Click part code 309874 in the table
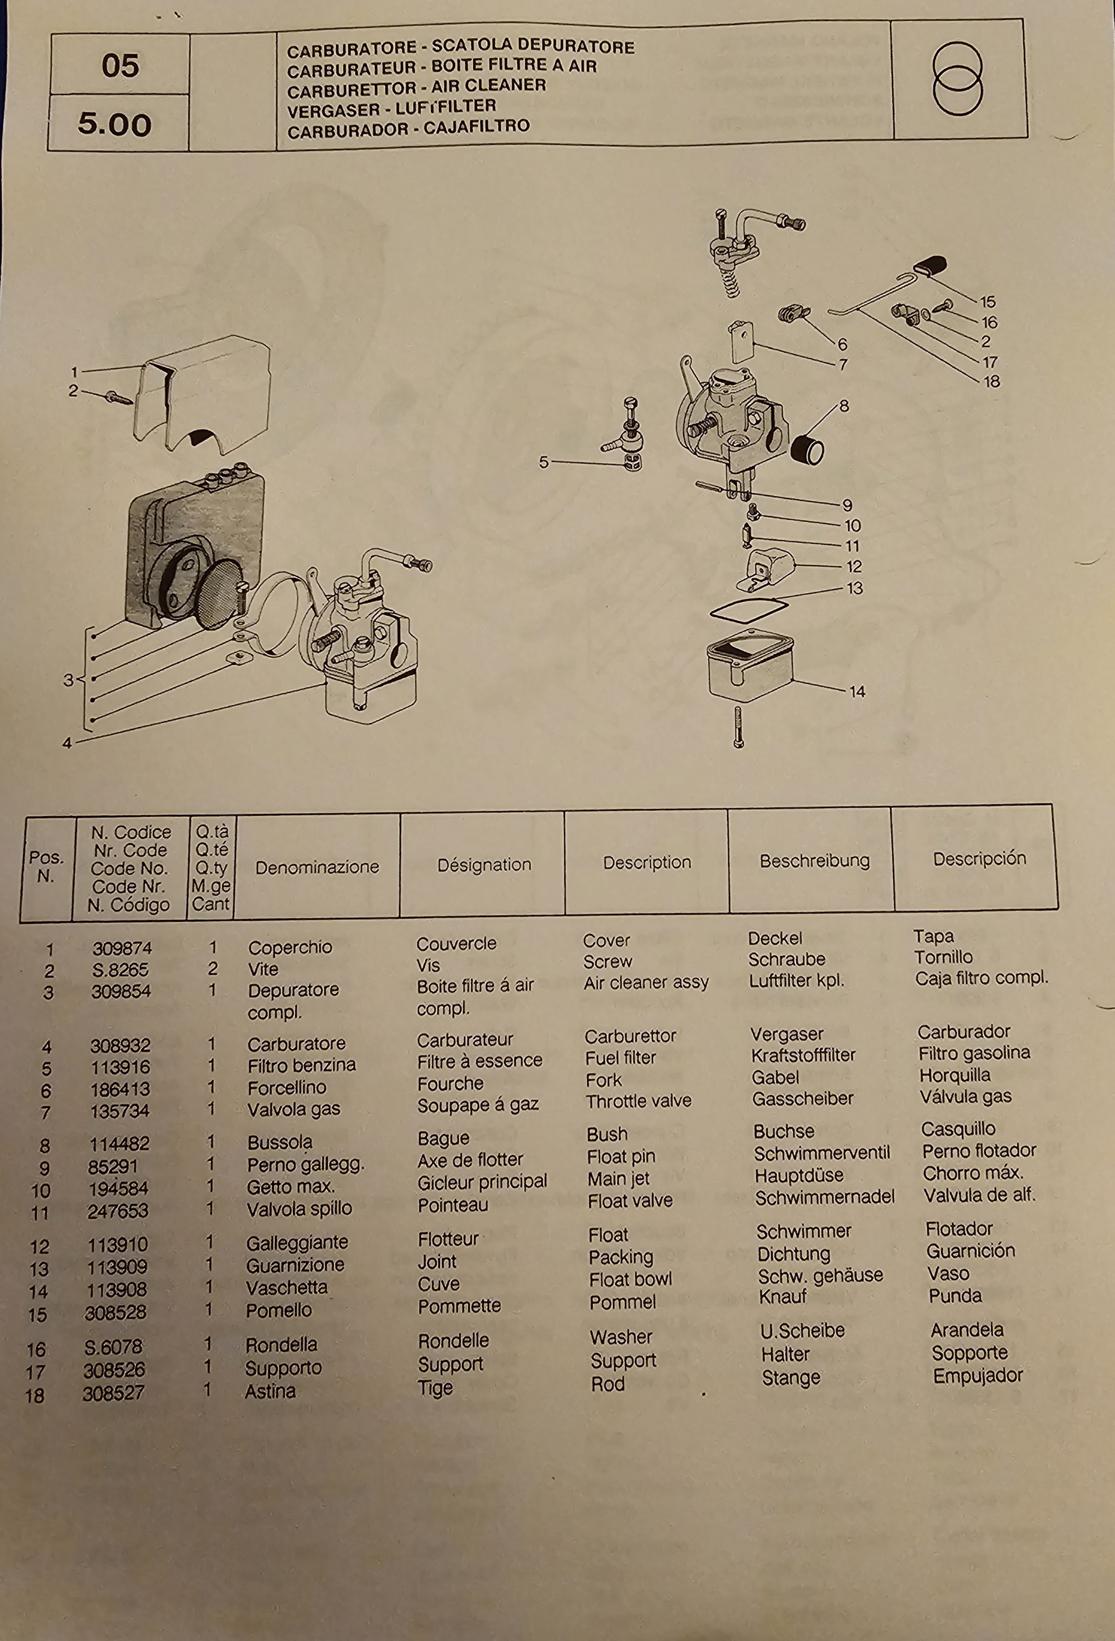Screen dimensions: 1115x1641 pos(122,948)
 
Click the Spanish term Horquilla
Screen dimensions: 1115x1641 pos(955,1075)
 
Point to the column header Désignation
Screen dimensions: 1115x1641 pos(484,864)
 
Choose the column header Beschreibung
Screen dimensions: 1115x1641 pos(814,861)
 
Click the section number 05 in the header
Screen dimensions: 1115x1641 pos(120,66)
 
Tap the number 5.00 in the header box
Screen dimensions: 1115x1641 pos(115,124)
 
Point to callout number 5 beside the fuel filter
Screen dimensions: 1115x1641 pos(544,462)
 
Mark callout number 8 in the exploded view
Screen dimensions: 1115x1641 pos(843,406)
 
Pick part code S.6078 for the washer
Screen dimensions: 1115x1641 pos(113,1347)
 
